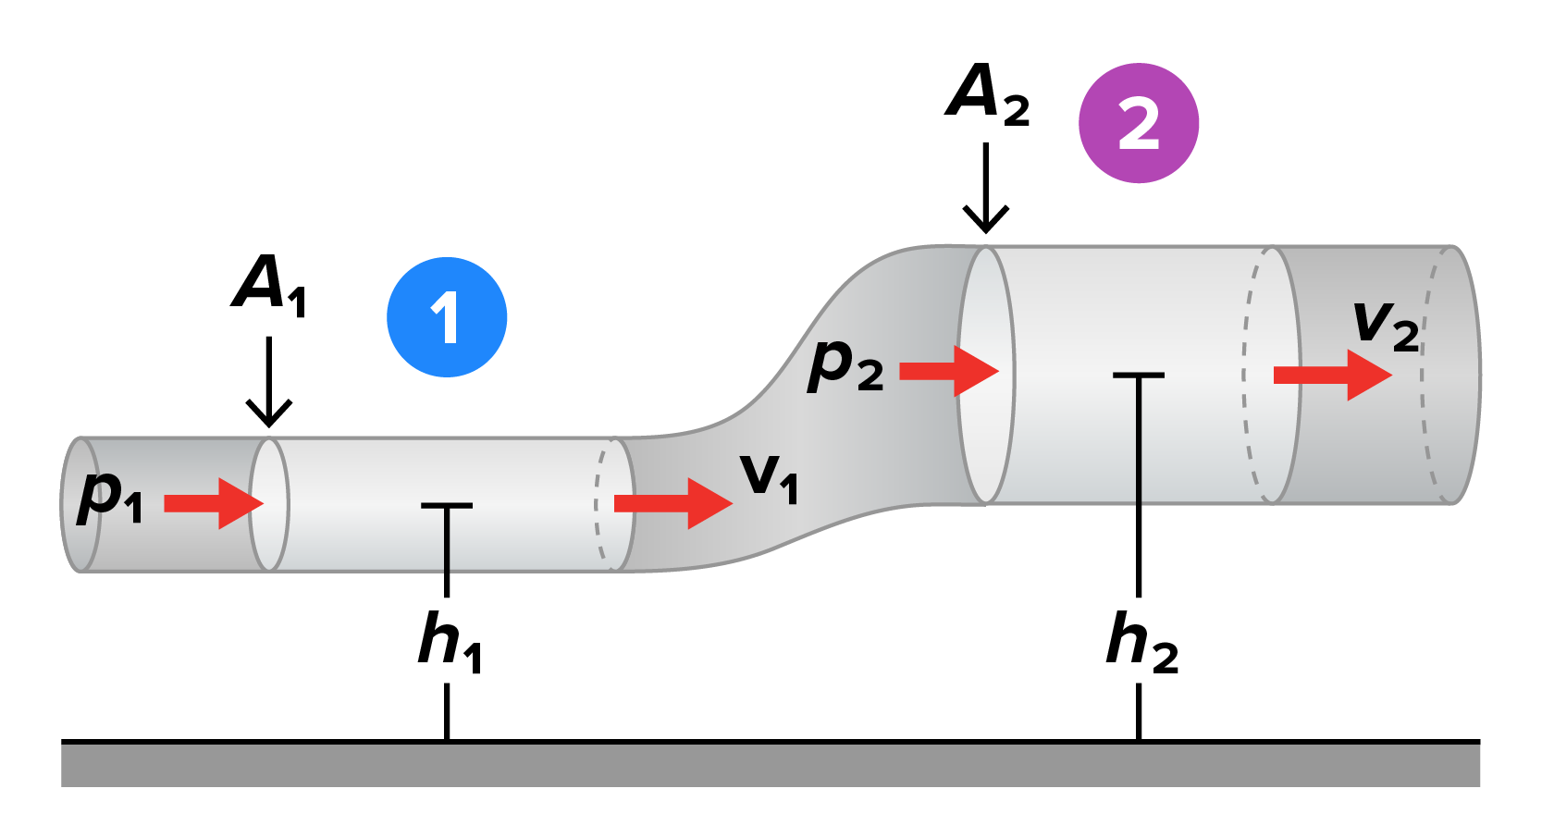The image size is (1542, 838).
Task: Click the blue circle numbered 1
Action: tap(447, 317)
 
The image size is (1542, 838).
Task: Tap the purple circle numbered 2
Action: tap(1139, 123)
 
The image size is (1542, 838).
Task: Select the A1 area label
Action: tap(268, 286)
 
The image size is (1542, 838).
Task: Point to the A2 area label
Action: tap(987, 94)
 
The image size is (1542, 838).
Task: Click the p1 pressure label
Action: tap(110, 497)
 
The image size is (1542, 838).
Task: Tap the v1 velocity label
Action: tap(769, 479)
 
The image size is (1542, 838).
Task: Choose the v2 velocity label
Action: tap(1386, 326)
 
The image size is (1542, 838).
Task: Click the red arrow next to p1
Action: tap(214, 503)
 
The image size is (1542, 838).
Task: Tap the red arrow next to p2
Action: tap(949, 371)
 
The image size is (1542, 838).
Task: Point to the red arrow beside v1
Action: tap(672, 503)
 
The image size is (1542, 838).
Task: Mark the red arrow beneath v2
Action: tap(1332, 375)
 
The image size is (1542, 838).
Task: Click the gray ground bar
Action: tap(771, 764)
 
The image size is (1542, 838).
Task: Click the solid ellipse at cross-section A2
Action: tap(986, 375)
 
